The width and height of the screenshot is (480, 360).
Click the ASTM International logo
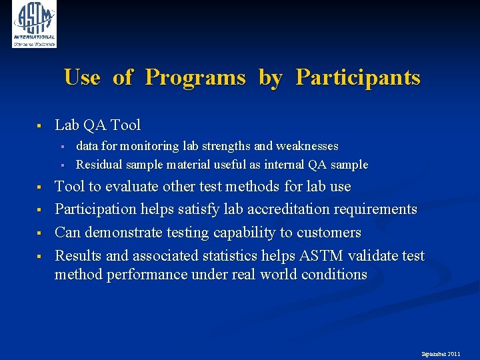click(x=34, y=24)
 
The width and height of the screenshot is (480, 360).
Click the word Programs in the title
click(x=195, y=77)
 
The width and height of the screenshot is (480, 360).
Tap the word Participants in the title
click(x=358, y=77)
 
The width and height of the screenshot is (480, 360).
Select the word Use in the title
click(x=82, y=77)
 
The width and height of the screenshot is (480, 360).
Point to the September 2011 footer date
click(x=440, y=353)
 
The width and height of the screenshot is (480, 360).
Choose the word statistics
click(x=244, y=256)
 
